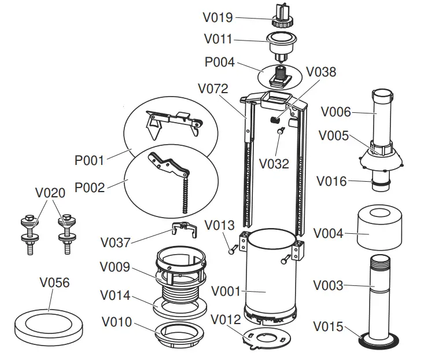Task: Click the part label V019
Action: click(217, 17)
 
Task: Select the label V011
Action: click(217, 39)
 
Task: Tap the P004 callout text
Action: click(219, 61)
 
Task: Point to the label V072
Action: click(213, 89)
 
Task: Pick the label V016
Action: click(331, 182)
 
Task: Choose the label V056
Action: click(54, 282)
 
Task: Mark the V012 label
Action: click(226, 319)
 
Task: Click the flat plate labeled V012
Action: click(264, 337)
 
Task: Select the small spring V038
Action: click(276, 120)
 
